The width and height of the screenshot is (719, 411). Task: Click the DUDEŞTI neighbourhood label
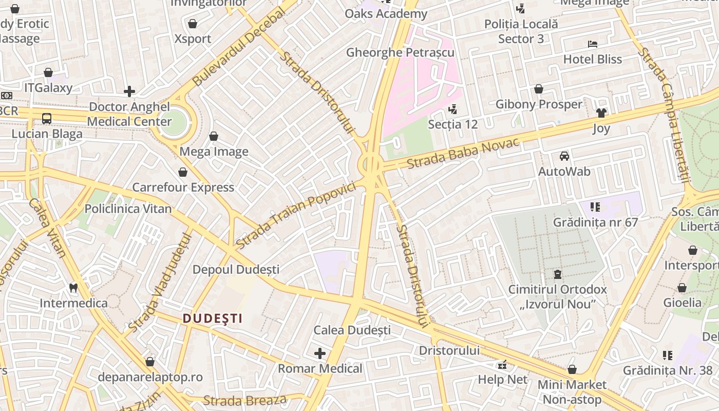tap(213, 319)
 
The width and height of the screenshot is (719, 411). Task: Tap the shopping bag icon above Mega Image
tap(214, 136)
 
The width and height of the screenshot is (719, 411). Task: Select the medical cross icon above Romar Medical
tap(320, 353)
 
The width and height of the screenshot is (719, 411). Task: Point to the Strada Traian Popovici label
tap(296, 216)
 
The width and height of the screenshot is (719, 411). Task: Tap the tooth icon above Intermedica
tap(73, 288)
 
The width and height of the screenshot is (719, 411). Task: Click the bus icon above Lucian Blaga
tap(47, 119)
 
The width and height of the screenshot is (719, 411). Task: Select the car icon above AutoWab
tap(564, 156)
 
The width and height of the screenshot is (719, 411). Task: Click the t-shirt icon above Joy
tap(601, 113)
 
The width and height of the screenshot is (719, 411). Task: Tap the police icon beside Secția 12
tap(452, 109)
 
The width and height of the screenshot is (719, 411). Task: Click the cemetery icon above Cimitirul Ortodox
tap(557, 274)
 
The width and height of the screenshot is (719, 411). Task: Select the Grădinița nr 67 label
tap(595, 222)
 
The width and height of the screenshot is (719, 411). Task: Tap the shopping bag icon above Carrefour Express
tap(183, 172)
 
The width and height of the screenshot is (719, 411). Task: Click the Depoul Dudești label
tap(236, 270)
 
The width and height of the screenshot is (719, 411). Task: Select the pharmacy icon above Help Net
tap(502, 365)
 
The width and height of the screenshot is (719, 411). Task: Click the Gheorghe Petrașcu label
tap(400, 52)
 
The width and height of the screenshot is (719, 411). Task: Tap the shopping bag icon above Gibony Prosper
tap(538, 89)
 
